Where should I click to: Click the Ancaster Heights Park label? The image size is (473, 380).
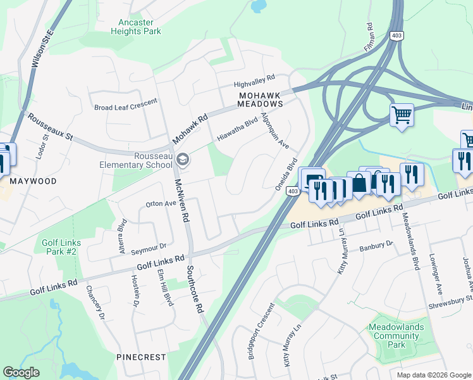coord(136,27)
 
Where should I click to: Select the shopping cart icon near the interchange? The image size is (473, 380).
coord(401,116)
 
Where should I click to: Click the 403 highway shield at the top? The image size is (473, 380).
coord(396,36)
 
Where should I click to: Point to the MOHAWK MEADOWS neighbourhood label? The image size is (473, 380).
coord(260,99)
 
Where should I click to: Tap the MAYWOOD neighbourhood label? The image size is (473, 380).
coord(33,181)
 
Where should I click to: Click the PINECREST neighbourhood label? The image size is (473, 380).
coord(141,357)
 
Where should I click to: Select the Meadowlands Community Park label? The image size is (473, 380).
coord(396,336)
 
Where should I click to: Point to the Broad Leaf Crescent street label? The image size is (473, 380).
coord(125,108)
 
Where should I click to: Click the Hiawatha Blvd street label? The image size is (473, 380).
coord(237,129)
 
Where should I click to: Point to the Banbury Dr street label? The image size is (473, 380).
coord(376,246)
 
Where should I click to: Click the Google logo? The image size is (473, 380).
coord(21,372)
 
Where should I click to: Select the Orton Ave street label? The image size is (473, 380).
coord(160,204)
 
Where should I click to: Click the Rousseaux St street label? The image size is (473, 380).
coord(50,128)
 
